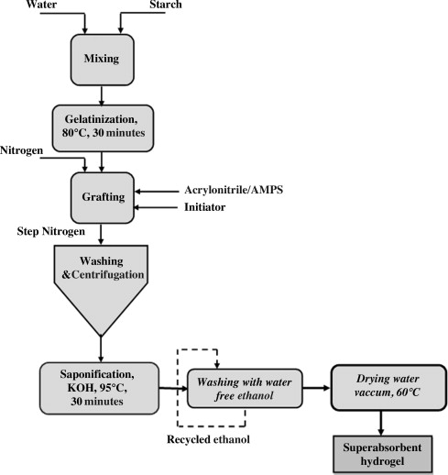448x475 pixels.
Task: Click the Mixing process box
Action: tap(103, 60)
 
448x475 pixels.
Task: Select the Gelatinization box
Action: tap(103, 128)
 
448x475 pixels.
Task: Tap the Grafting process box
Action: tap(103, 198)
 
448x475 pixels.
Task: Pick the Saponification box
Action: tap(99, 388)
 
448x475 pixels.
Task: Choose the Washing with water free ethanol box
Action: tap(245, 388)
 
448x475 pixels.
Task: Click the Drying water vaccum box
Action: tap(388, 387)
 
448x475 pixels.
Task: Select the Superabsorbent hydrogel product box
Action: tap(383, 454)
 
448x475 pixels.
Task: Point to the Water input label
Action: tap(41, 5)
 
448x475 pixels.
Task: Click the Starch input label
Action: tap(166, 5)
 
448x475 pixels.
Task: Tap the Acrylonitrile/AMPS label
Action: tap(234, 190)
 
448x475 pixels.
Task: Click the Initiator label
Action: tap(204, 207)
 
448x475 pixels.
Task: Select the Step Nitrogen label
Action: tap(51, 231)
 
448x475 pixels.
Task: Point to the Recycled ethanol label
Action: tap(208, 439)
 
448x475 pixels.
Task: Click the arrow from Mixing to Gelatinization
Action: tap(102, 95)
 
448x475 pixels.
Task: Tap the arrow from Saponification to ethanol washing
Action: tap(173, 389)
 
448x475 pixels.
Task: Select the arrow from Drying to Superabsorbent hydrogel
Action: tap(381, 423)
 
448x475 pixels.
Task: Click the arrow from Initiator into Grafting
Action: tap(156, 207)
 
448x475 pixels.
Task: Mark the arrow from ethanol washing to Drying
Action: tap(316, 388)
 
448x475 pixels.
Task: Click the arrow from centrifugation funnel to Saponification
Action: tap(101, 349)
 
